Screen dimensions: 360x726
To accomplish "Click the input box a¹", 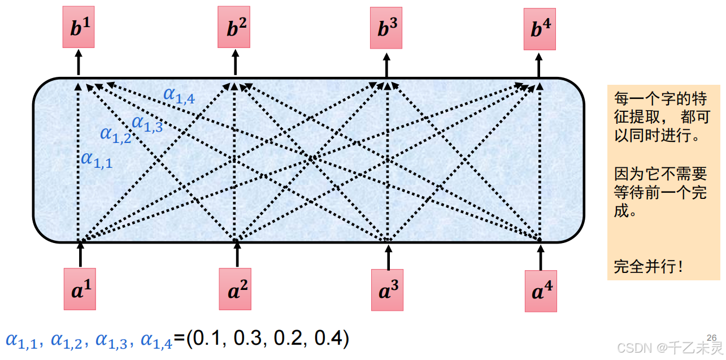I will coord(80,289).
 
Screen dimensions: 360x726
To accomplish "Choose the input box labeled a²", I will coord(235,289).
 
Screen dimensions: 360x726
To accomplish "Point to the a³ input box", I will coord(387,290).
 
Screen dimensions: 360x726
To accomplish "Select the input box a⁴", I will coord(541,290).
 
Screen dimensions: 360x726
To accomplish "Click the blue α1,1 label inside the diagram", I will coord(97,159).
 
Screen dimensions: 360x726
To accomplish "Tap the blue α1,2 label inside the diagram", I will coord(115,135).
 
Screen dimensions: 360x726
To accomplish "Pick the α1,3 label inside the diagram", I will coord(147,123).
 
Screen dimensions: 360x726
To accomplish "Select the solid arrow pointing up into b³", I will coord(386,65).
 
